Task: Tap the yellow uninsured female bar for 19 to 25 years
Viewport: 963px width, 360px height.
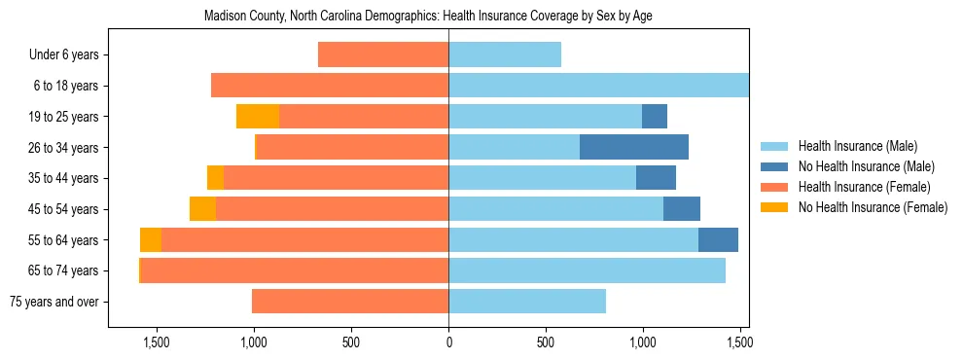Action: coord(258,117)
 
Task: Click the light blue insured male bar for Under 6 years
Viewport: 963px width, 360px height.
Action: coord(505,55)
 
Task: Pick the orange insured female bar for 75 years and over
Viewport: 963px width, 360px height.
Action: coord(350,301)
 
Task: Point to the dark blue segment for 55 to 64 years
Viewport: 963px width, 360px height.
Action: coord(718,239)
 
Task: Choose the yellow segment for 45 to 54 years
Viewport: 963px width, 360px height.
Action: coord(202,208)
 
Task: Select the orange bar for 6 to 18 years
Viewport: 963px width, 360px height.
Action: coord(330,86)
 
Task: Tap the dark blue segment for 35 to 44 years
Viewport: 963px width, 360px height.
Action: coord(656,178)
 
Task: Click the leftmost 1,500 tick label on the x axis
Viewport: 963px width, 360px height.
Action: coord(157,342)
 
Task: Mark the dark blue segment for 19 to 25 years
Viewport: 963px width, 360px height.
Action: coord(655,117)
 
